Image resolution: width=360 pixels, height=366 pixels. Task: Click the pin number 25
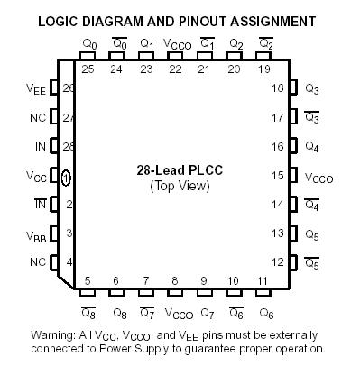88,69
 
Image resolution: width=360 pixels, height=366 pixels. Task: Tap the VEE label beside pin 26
36,88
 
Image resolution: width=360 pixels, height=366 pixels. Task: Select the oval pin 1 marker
66,176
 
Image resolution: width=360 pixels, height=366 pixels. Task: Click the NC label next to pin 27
37,117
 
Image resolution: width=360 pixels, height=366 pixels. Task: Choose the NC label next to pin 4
37,262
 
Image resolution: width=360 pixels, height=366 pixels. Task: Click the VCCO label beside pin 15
318,177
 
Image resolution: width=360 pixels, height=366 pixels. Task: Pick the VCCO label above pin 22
175,43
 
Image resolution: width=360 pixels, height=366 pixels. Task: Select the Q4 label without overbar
312,147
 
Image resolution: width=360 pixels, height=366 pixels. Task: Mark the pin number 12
280,262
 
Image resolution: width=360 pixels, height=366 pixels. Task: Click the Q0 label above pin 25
88,43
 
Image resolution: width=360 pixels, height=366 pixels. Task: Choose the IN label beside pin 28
37,147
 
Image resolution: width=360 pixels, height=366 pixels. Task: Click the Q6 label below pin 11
265,313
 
